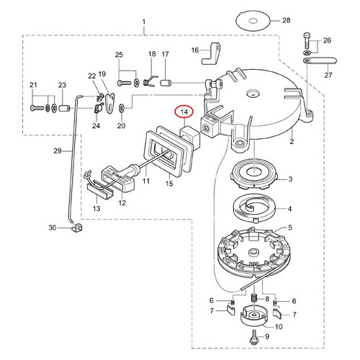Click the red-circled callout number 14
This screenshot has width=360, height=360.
tap(185, 112)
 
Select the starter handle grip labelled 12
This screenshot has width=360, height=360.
tap(118, 176)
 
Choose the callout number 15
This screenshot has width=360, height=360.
tap(170, 184)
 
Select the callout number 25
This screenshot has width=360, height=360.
tap(120, 55)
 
